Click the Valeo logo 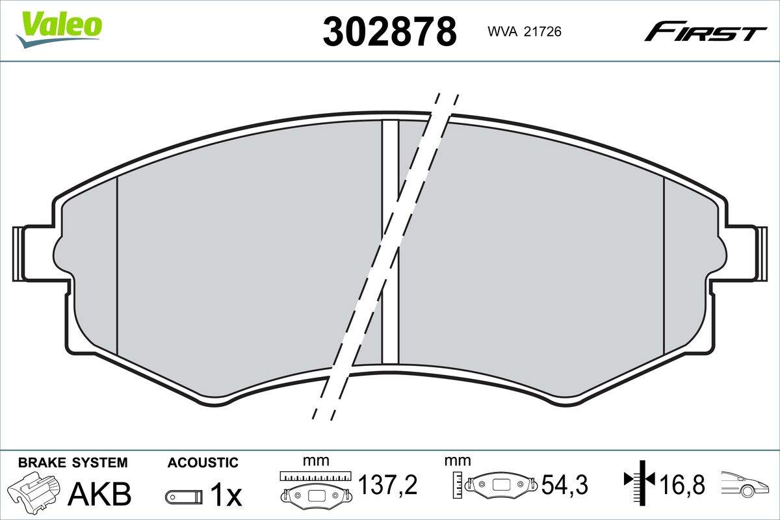tap(59, 29)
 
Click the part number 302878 tap(389, 31)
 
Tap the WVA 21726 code tap(525, 32)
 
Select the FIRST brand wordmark tap(705, 36)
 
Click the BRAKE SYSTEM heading tap(73, 463)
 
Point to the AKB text tap(99, 494)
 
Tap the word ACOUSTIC tap(203, 463)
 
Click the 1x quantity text tap(226, 494)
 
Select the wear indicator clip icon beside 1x tap(184, 497)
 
